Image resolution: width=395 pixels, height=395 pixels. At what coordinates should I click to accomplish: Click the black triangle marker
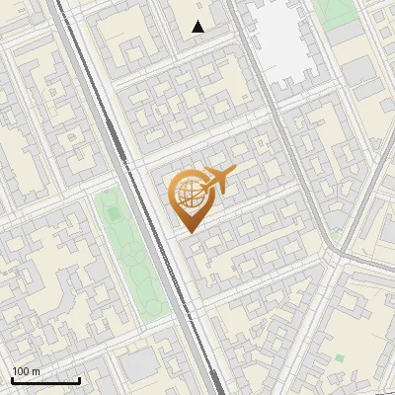198,27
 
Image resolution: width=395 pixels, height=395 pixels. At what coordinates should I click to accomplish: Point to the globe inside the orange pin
188,192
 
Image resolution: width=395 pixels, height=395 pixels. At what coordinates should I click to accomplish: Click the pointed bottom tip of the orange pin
189,232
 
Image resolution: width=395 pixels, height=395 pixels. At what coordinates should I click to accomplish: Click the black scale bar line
45,380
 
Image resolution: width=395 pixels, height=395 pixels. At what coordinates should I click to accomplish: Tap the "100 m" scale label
26,371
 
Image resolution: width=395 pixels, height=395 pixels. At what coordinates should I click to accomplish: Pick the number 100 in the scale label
21,371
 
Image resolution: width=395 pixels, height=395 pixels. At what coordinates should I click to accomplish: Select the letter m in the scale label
36,371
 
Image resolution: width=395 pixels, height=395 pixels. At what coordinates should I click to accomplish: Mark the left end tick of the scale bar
12,378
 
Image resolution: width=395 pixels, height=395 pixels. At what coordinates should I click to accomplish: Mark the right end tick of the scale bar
79,378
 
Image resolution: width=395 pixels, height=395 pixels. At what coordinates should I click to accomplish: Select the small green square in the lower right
339,357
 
